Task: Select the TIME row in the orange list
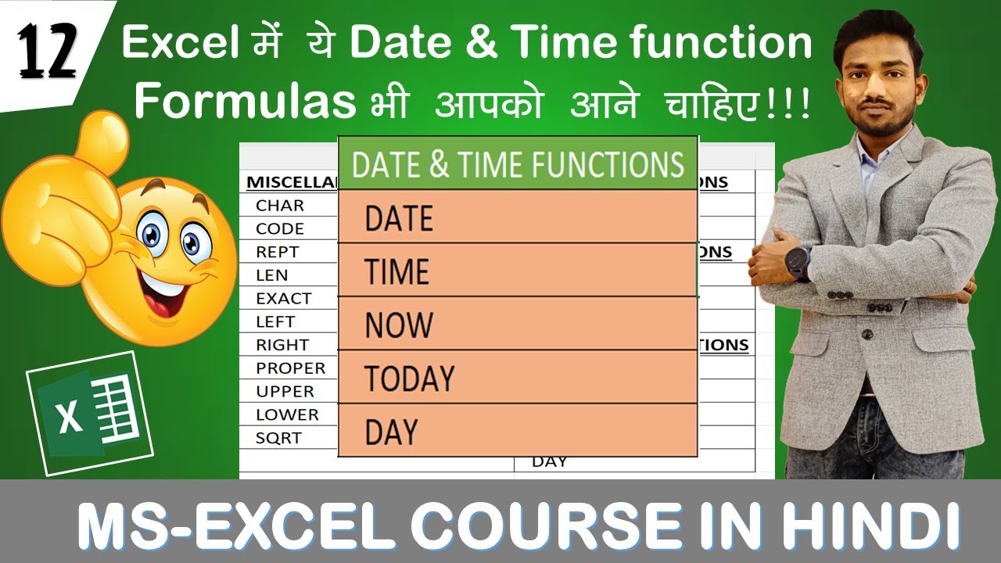click(x=516, y=271)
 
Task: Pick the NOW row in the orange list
click(x=516, y=324)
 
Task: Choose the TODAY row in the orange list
click(x=516, y=378)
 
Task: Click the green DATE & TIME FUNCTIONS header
click(x=518, y=164)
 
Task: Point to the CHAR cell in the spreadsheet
click(x=280, y=206)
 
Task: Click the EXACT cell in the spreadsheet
click(x=283, y=299)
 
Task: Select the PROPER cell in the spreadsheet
click(x=290, y=368)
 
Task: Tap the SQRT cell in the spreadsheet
click(x=278, y=438)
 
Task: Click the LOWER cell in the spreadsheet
click(x=287, y=414)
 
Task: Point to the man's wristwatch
click(x=799, y=262)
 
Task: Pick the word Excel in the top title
click(x=181, y=44)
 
